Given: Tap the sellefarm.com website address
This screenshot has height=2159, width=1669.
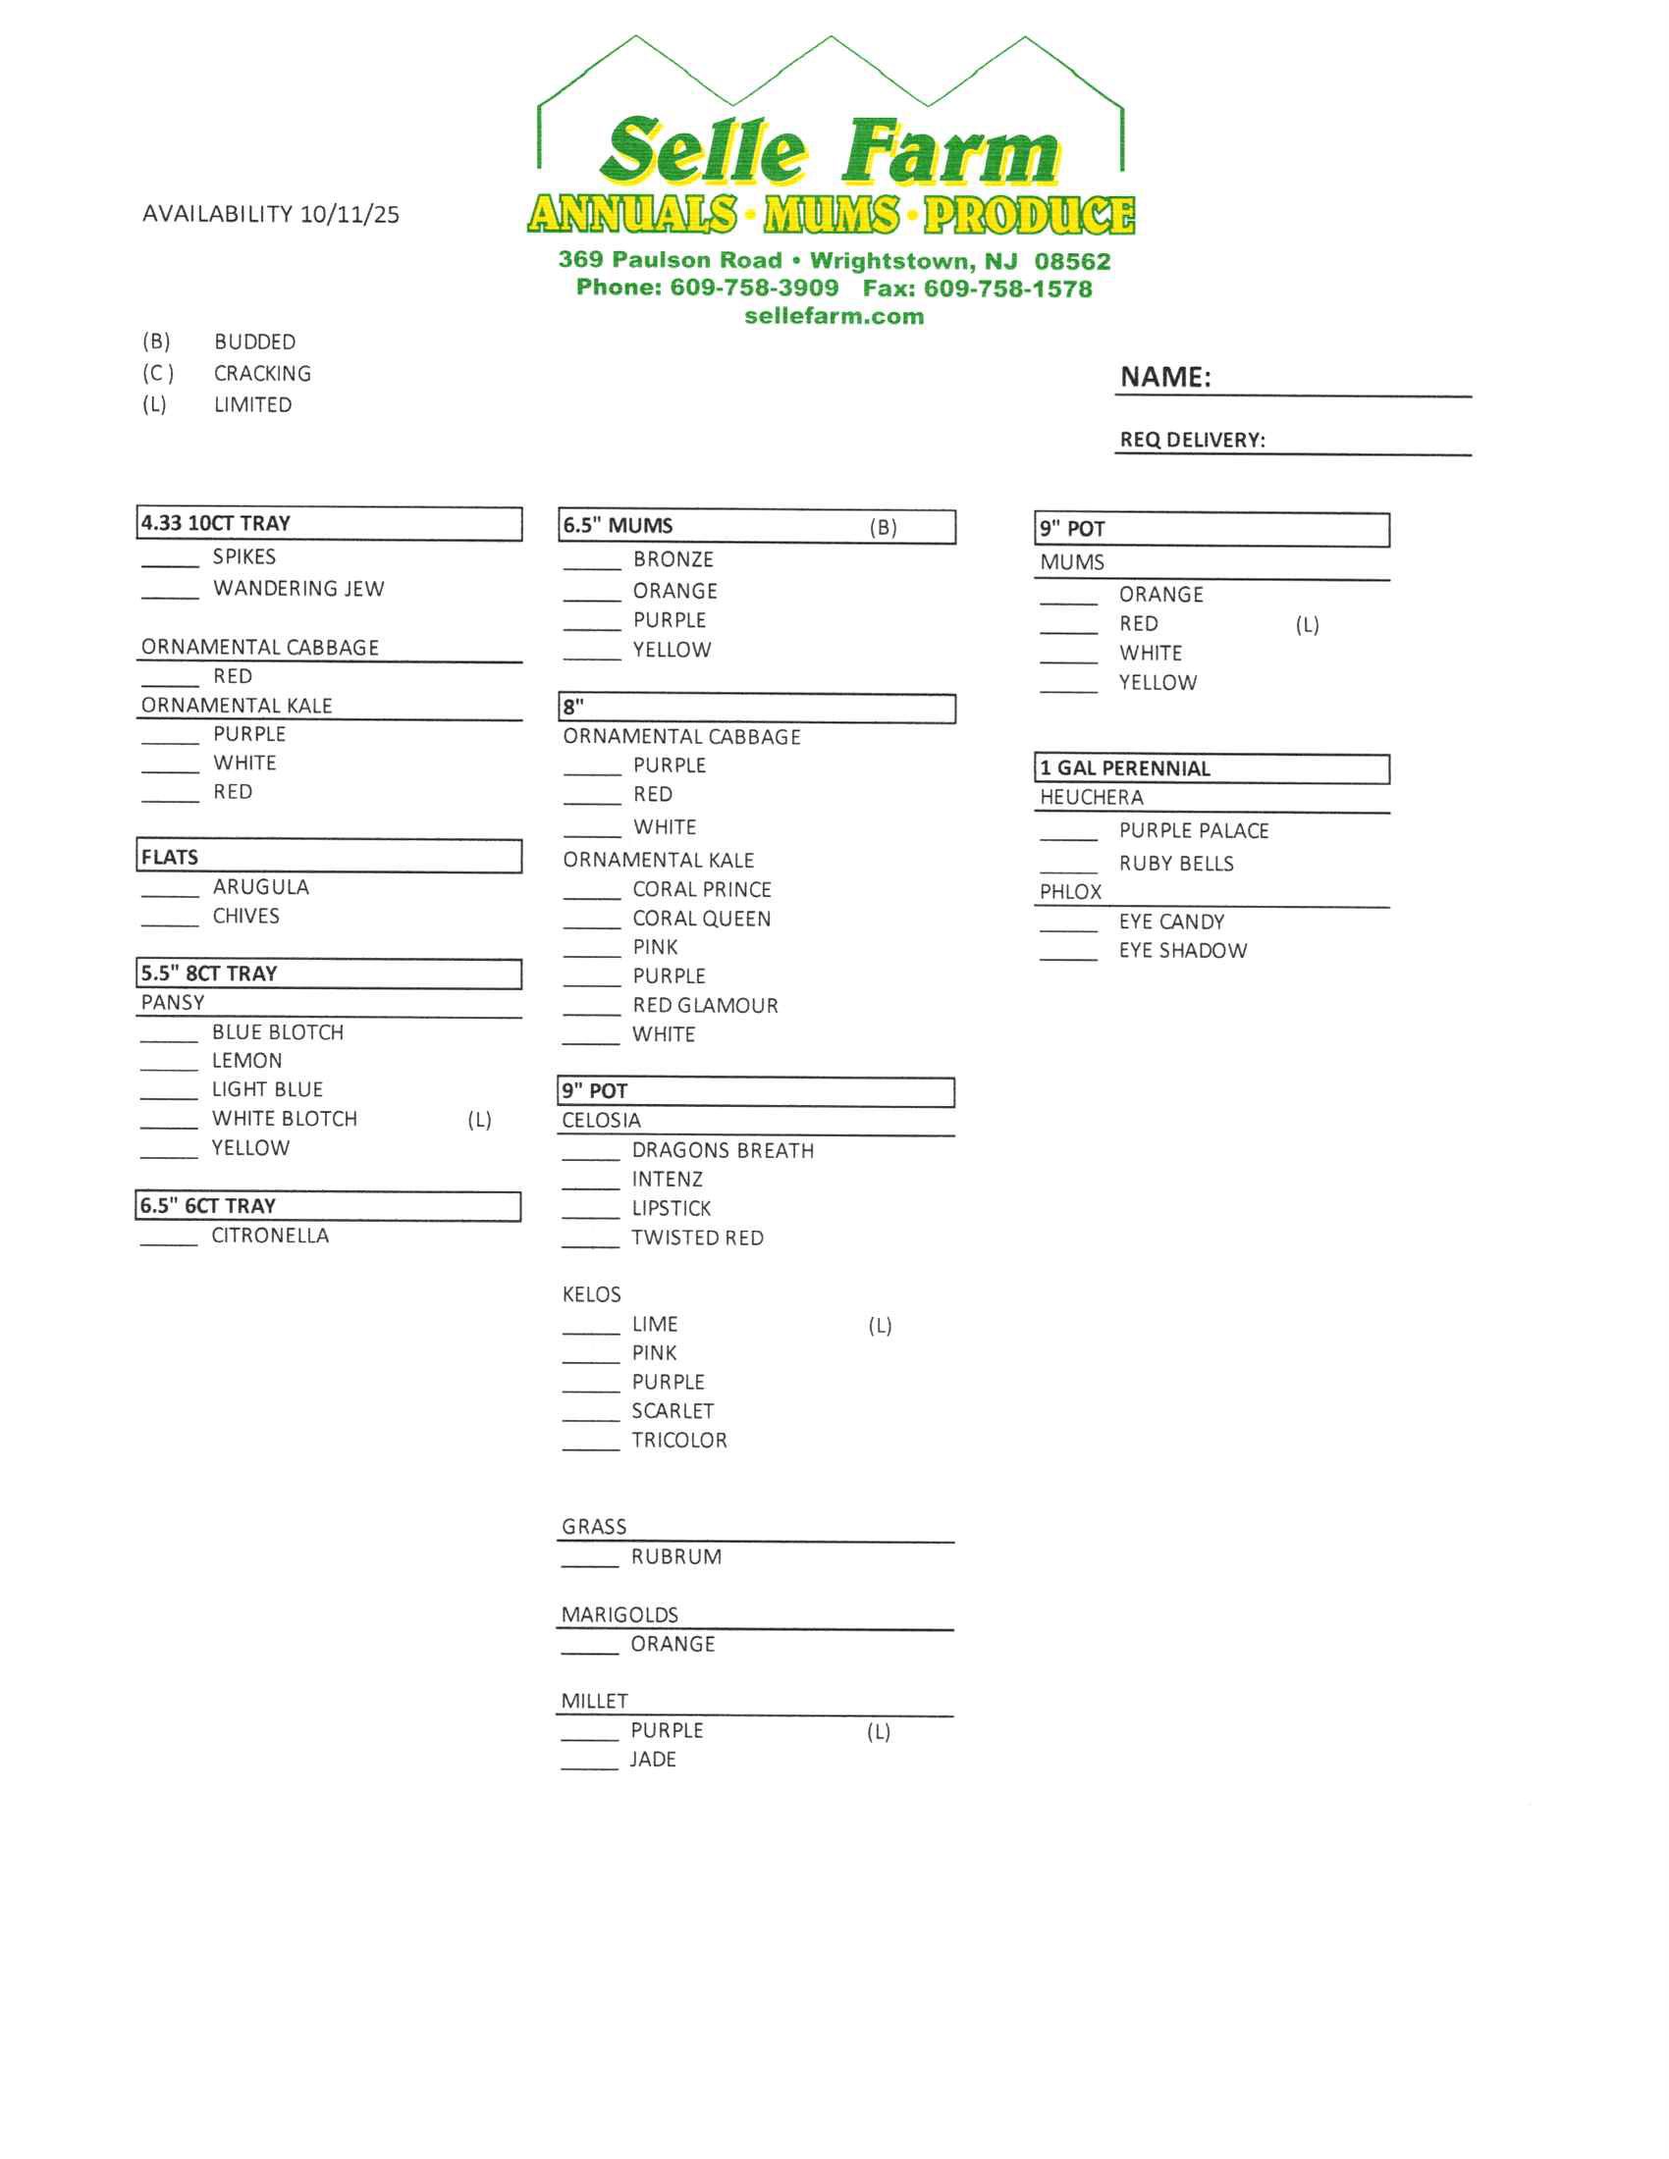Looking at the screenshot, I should pos(834,316).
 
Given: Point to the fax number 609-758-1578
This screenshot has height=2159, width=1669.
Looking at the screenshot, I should pos(1007,289).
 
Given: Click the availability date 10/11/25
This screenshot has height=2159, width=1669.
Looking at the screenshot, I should pos(350,215).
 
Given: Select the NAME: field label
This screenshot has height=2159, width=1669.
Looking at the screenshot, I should pos(1164,377).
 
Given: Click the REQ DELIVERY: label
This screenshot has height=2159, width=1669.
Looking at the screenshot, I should pos(1192,440).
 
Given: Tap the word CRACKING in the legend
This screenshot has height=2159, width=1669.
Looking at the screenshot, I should pos(262,374).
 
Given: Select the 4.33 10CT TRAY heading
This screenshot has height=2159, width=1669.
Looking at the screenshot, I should pos(216,523).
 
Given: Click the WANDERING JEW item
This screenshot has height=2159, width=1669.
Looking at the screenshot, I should pos(298,589).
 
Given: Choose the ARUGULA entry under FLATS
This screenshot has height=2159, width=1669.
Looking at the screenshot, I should pos(261,887).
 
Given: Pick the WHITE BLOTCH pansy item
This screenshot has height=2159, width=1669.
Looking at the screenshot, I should pos(285,1118).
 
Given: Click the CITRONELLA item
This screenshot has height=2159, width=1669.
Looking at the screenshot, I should pos(270,1236).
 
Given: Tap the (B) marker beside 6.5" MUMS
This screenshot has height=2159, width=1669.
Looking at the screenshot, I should pos(883,527).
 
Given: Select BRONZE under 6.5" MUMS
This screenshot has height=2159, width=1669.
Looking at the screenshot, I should pos(673,559).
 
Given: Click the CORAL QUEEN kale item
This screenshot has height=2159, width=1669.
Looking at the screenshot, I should pos(702,919).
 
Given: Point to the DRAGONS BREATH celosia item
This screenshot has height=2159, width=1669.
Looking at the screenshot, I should pos(723,1151).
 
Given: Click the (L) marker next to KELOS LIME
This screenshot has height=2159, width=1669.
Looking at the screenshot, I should pos(880,1326).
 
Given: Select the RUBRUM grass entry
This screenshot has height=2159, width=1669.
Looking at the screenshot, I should pos(676,1557).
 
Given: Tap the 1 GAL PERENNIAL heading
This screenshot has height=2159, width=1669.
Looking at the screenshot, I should pos(1124,768).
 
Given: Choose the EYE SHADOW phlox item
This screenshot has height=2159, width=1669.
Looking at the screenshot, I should pos(1183,951).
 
